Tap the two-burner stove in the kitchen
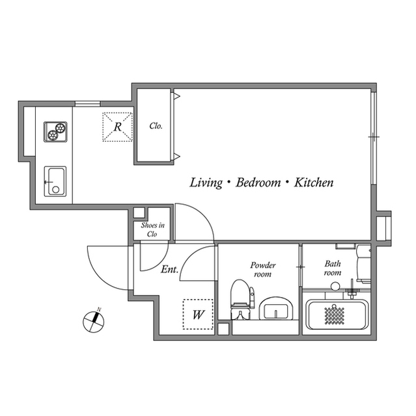point(56,131)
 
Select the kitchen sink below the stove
point(55,181)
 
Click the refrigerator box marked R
point(117,127)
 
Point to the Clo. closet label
point(156,126)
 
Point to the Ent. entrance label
point(169,268)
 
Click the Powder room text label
point(263,270)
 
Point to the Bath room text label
point(333,268)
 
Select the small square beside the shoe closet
point(138,212)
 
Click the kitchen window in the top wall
point(87,103)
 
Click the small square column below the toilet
point(224,328)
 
